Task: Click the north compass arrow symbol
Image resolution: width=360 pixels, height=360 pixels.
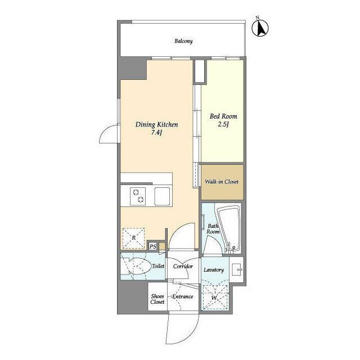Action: tap(260, 28)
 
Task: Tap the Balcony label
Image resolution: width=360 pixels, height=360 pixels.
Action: tap(183, 41)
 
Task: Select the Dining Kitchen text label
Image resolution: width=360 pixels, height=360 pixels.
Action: tap(156, 125)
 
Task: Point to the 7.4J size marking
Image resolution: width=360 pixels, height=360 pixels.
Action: tap(156, 133)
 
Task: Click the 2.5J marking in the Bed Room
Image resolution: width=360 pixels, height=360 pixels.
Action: tap(223, 125)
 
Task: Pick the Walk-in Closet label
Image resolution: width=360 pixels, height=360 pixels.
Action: tap(222, 182)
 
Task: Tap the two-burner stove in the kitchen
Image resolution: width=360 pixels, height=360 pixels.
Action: tap(138, 196)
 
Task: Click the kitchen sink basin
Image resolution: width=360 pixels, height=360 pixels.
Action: tap(162, 196)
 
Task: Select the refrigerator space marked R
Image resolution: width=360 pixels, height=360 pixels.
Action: tap(134, 238)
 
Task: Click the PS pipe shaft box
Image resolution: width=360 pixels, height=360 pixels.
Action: tap(152, 247)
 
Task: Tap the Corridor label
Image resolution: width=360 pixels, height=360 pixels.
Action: tap(183, 266)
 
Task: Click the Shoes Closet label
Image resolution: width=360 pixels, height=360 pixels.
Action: tap(157, 299)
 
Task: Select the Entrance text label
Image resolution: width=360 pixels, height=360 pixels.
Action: tap(183, 296)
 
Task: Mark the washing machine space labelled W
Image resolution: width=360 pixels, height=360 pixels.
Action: tap(215, 298)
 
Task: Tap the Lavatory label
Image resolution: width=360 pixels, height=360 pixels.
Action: tap(214, 270)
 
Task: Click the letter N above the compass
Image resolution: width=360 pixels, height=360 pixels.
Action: tap(258, 17)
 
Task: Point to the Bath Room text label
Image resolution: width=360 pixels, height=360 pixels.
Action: tap(213, 229)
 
